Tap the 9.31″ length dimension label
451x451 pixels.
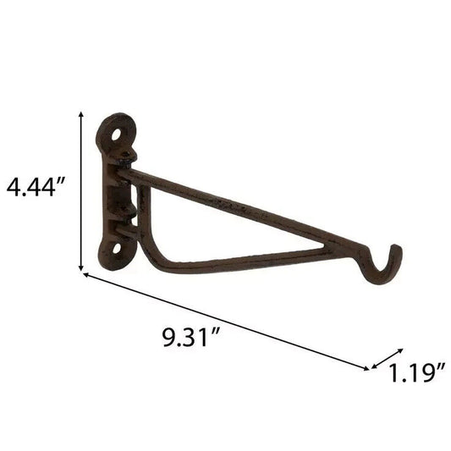(191, 337)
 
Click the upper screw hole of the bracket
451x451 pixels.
(117, 135)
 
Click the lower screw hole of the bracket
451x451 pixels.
(117, 249)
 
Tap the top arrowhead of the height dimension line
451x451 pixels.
(81, 114)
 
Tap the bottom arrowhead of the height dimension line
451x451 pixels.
(81, 267)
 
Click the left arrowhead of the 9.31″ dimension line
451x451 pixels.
(86, 275)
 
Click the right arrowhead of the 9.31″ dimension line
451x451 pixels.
(366, 368)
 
